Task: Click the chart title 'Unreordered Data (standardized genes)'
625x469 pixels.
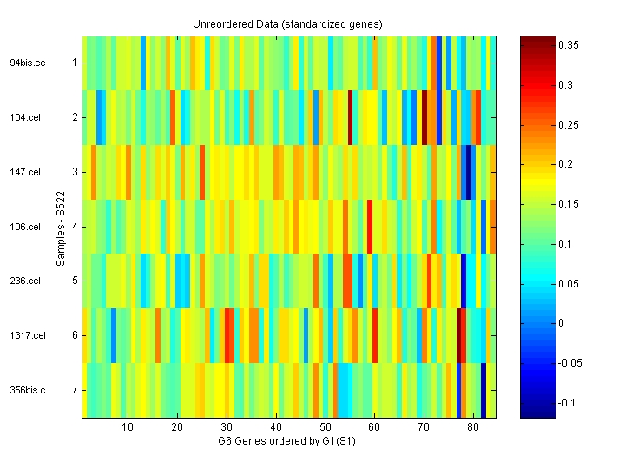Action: pyautogui.click(x=287, y=23)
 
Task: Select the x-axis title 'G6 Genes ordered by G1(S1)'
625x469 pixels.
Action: pyautogui.click(x=287, y=441)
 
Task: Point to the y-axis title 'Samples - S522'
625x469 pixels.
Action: pyautogui.click(x=62, y=227)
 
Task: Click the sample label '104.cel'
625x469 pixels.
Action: pyautogui.click(x=26, y=117)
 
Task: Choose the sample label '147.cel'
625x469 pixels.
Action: pyautogui.click(x=26, y=172)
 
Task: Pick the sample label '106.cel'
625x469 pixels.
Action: pyautogui.click(x=26, y=227)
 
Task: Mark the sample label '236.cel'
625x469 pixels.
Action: pyautogui.click(x=26, y=281)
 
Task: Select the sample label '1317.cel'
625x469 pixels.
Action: pyautogui.click(x=26, y=335)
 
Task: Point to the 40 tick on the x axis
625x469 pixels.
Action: pyautogui.click(x=276, y=428)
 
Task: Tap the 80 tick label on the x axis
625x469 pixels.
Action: pyautogui.click(x=473, y=428)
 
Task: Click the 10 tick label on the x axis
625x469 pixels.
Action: pyautogui.click(x=128, y=428)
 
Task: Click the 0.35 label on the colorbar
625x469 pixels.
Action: pyautogui.click(x=569, y=44)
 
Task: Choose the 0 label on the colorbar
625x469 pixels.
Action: pyautogui.click(x=562, y=323)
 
